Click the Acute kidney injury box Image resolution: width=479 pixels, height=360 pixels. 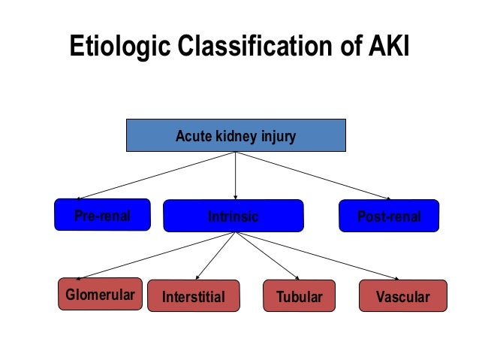(x=235, y=137)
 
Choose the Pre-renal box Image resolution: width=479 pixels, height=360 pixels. (x=102, y=216)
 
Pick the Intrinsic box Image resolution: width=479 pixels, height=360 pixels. (x=233, y=216)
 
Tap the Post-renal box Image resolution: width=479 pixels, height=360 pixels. (x=388, y=216)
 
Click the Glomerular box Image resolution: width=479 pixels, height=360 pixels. (x=100, y=295)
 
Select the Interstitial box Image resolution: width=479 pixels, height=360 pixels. (x=193, y=297)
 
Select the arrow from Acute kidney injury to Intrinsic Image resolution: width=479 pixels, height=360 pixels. (x=236, y=176)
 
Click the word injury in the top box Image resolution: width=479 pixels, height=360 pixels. (x=277, y=137)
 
